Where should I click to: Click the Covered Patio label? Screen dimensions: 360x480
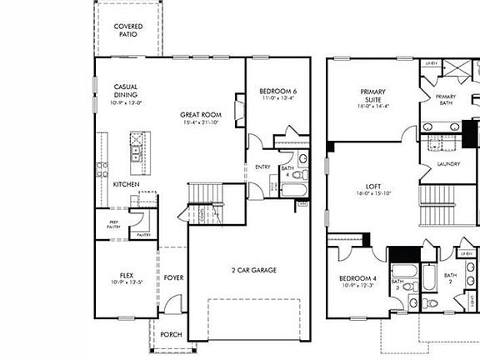(128, 31)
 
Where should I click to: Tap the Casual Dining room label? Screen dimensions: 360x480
(127, 91)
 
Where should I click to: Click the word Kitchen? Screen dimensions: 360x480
(126, 184)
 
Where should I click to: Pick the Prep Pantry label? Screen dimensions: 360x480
(113, 224)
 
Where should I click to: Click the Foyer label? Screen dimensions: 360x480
(173, 277)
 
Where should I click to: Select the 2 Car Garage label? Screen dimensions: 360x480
(254, 270)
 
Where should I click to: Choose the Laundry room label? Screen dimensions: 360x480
(448, 164)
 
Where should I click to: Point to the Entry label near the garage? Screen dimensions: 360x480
(262, 166)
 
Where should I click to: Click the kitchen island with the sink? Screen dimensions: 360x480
(134, 150)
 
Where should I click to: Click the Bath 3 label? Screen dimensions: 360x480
(397, 284)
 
